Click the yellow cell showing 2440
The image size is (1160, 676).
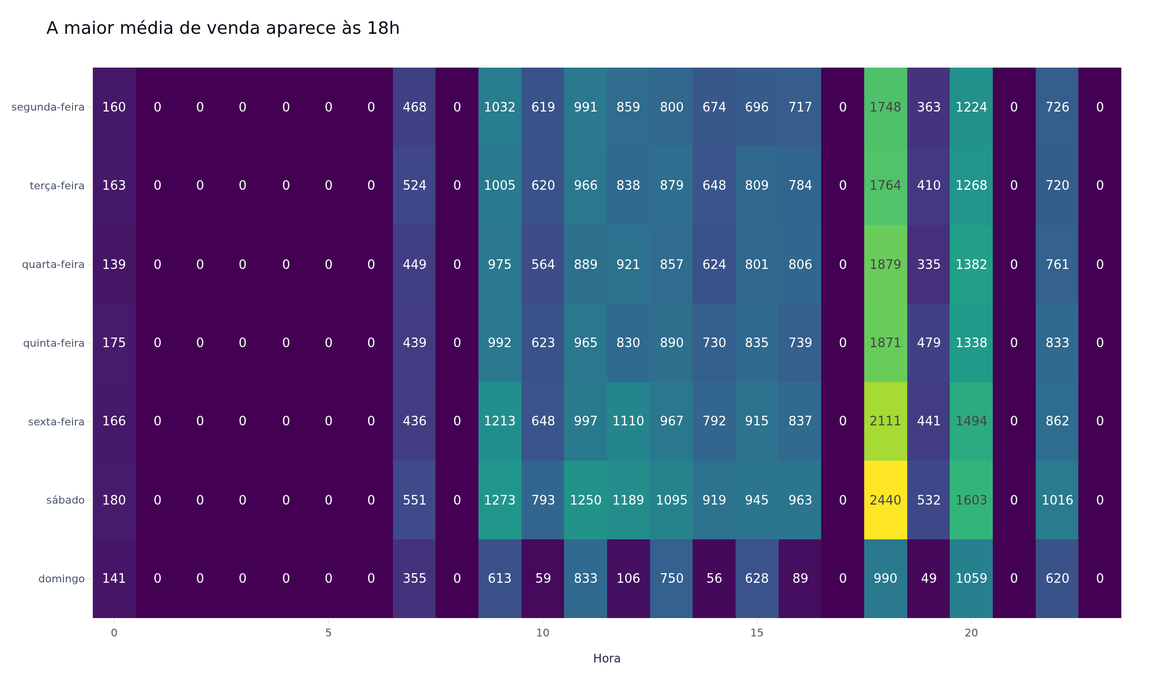tap(885, 500)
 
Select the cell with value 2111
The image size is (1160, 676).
tap(885, 421)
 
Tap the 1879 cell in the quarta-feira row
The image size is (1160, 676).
tap(885, 264)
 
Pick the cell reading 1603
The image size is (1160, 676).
tap(971, 500)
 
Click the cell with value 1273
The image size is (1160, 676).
tap(500, 500)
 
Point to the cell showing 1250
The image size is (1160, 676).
tap(585, 500)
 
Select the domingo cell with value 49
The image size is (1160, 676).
tap(928, 578)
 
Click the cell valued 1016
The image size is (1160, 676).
tap(1057, 500)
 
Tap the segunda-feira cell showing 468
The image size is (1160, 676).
tap(414, 107)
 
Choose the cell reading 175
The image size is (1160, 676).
tap(114, 343)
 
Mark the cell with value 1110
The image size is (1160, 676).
tap(628, 421)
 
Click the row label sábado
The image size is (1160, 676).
tap(65, 500)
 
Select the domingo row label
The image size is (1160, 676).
tap(61, 578)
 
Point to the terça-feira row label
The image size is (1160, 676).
tap(57, 186)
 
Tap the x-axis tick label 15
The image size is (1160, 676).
tap(757, 633)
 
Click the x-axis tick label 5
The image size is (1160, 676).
tap(328, 633)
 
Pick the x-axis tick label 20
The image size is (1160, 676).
tap(971, 633)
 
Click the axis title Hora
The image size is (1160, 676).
tap(607, 659)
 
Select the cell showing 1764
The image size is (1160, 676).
tap(885, 185)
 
